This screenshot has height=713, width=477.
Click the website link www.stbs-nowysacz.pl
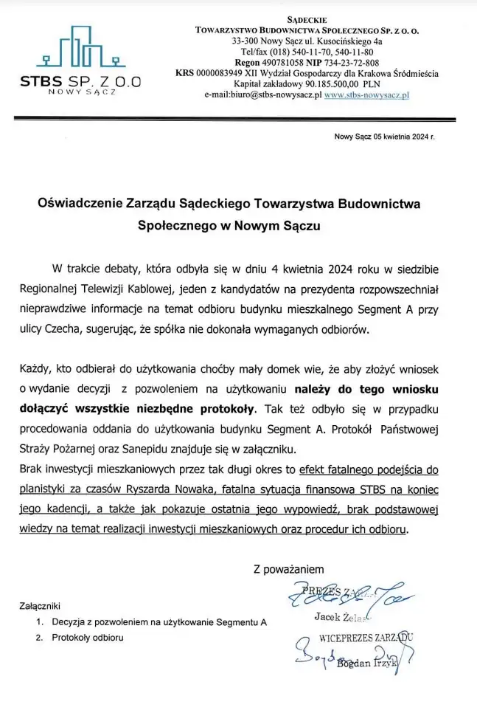367,96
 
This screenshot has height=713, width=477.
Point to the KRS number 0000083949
222,74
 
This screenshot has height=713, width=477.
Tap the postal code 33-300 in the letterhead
246,41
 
